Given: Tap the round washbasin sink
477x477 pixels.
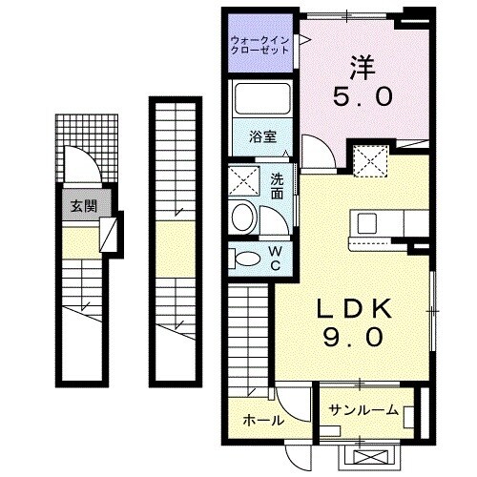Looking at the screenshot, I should point(243,217).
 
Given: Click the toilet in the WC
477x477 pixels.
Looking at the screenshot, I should point(245,257).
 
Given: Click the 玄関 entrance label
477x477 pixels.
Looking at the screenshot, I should point(79,204).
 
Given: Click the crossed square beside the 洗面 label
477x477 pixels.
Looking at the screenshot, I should point(242,181).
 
